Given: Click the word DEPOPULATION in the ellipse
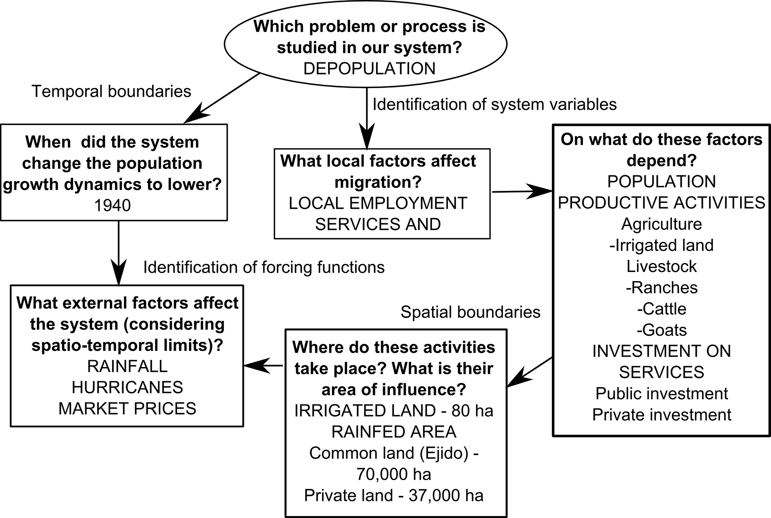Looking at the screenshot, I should click(369, 69).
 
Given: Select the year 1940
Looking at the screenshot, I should click(113, 205).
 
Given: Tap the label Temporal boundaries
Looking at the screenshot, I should click(111, 91).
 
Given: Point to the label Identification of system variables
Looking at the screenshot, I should click(494, 104).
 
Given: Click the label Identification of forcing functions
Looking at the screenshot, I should click(264, 268).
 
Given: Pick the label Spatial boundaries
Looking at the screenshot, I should click(470, 312).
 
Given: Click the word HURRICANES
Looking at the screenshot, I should click(127, 387).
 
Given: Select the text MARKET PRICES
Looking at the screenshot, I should click(127, 408).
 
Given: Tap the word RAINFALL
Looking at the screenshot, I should click(127, 366).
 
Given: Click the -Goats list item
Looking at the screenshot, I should click(661, 330).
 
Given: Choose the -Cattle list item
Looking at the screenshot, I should click(661, 309).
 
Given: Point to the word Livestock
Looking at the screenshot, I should click(661, 266).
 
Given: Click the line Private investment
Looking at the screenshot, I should click(661, 415).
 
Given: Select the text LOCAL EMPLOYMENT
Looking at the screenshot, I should click(378, 203).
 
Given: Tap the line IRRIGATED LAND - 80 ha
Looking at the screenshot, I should click(394, 411).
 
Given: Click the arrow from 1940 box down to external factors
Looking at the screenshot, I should click(118, 253).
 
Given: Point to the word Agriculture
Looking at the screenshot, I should click(661, 224).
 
